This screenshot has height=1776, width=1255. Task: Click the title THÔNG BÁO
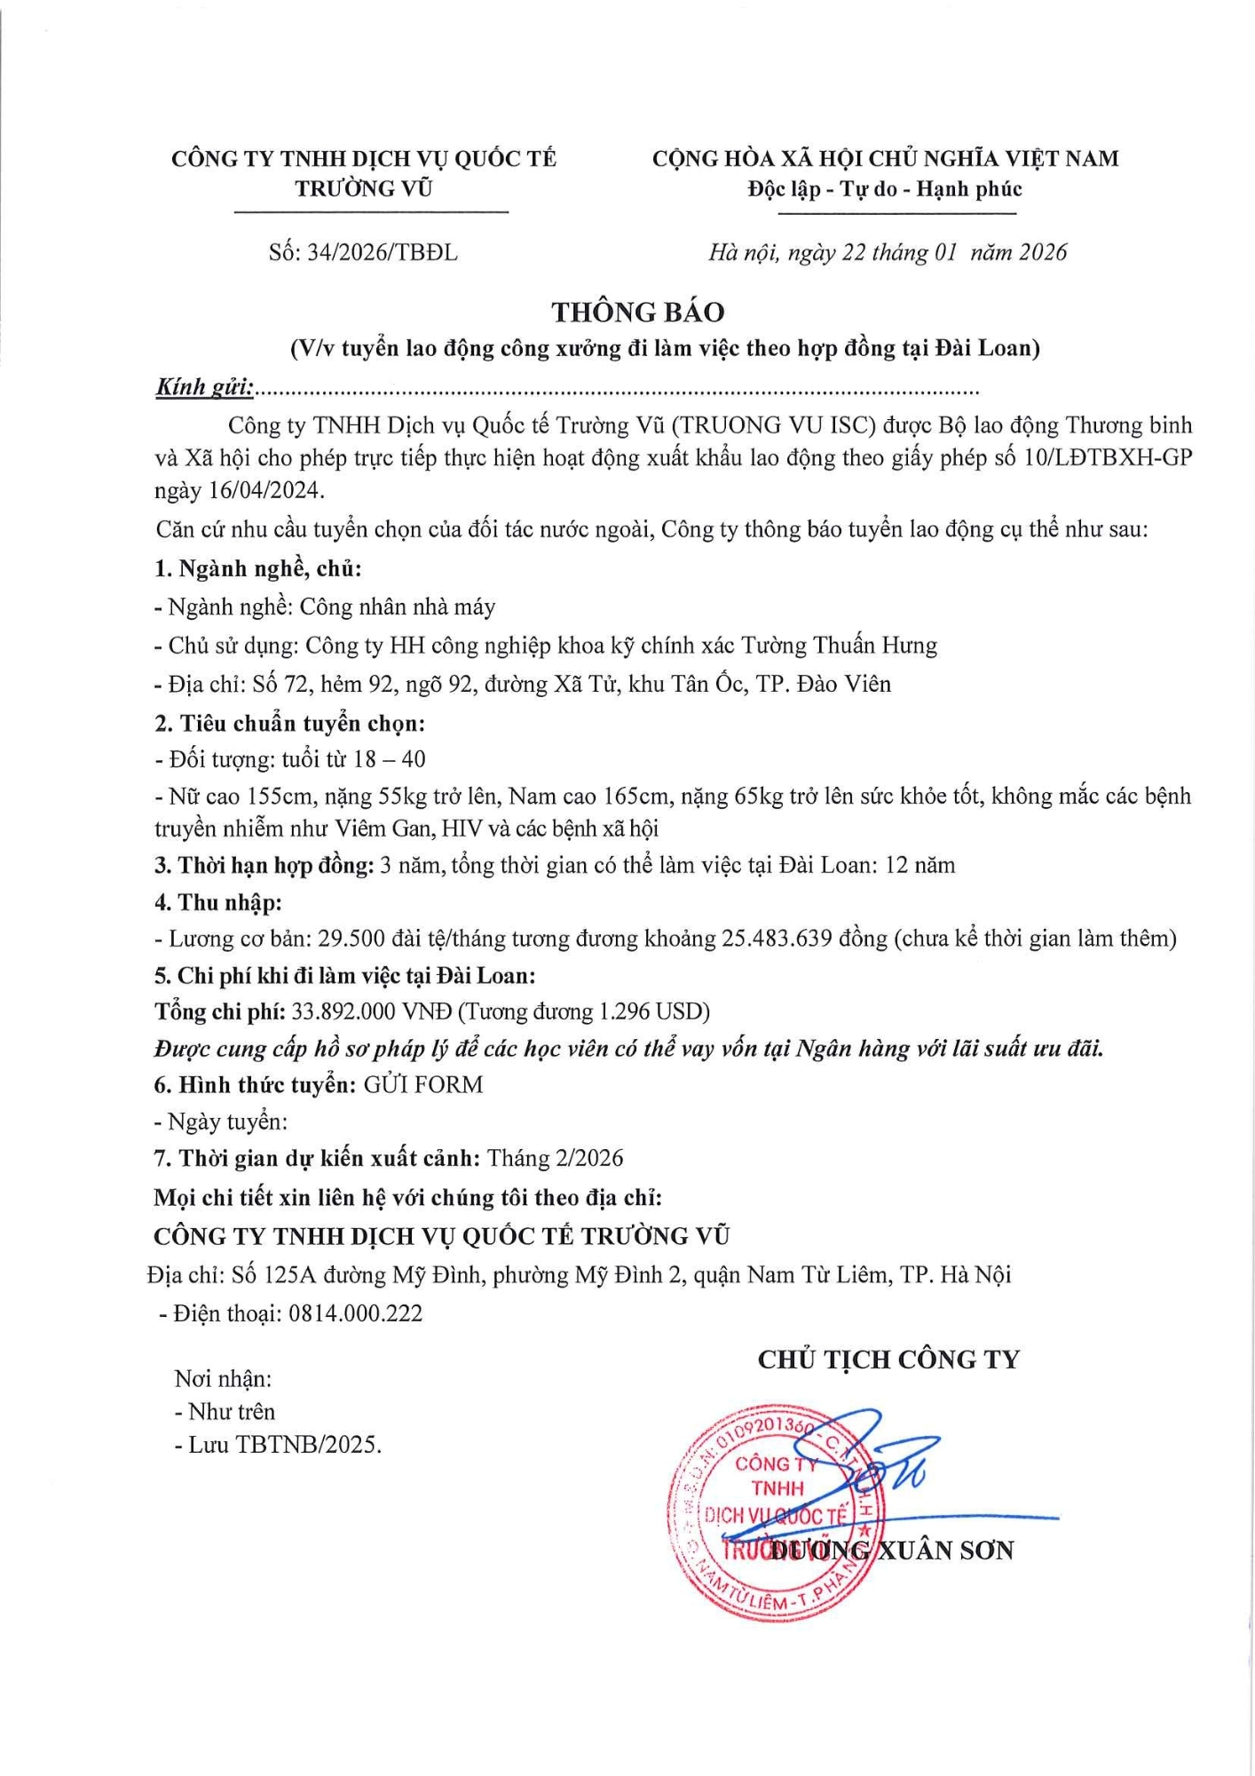pyautogui.click(x=637, y=312)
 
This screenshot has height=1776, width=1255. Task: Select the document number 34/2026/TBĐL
pyautogui.click(x=383, y=253)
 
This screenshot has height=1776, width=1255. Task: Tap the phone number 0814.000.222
pyautogui.click(x=355, y=1313)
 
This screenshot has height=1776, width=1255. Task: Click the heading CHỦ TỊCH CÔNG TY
pyautogui.click(x=888, y=1359)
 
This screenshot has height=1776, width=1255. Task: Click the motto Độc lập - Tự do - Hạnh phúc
pyautogui.click(x=884, y=188)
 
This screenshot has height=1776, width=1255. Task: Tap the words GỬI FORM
pyautogui.click(x=423, y=1084)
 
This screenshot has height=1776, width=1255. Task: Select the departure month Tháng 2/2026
pyautogui.click(x=555, y=1158)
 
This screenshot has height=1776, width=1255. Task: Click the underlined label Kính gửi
pyautogui.click(x=204, y=387)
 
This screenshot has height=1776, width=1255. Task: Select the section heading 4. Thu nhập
pyautogui.click(x=217, y=902)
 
